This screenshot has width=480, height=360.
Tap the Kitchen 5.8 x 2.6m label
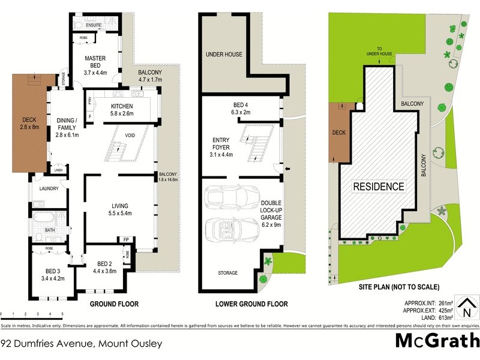pyautogui.click(x=126, y=108)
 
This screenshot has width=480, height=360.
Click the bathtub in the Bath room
pyautogui.click(x=44, y=217)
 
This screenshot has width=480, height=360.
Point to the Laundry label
pyautogui.click(x=48, y=188)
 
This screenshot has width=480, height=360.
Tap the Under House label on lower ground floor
pyautogui.click(x=224, y=55)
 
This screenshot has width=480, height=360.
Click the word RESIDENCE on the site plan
pyautogui.click(x=378, y=186)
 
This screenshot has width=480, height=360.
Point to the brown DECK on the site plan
pyautogui.click(x=339, y=133)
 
